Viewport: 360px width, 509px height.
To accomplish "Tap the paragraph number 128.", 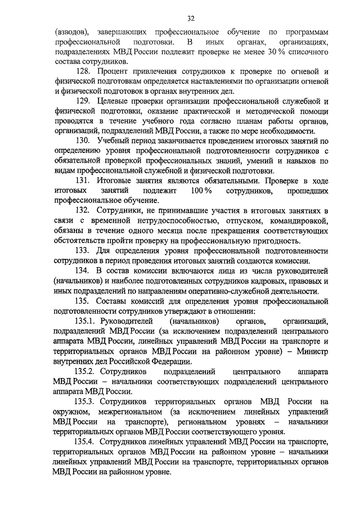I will click(83, 73).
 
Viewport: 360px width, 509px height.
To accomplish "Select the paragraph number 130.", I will click(83, 140).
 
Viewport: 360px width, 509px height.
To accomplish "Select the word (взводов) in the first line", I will click(71, 32).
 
